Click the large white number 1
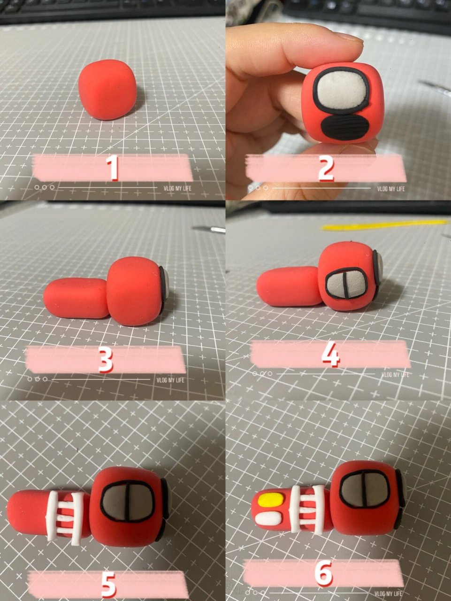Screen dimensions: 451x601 pyautogui.click(x=113, y=168)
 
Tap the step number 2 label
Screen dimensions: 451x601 pyautogui.click(x=326, y=168)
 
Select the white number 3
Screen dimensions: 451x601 pyautogui.click(x=106, y=360)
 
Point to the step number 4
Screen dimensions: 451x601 pyautogui.click(x=331, y=354)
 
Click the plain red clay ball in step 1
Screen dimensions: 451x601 pyautogui.click(x=107, y=90)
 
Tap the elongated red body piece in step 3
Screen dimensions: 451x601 pyautogui.click(x=76, y=298)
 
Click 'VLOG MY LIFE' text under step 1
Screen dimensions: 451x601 pyautogui.click(x=177, y=188)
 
